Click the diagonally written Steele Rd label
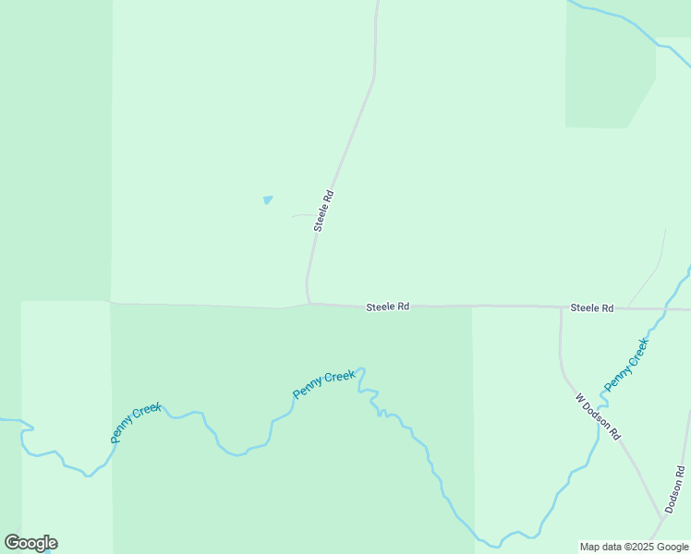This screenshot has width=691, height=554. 322,211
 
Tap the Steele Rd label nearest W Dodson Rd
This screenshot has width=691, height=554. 591,307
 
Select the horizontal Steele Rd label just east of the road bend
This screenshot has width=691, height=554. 387,306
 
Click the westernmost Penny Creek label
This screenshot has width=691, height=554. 136,423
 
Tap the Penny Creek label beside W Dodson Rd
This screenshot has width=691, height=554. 626,364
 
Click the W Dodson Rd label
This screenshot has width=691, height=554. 598,416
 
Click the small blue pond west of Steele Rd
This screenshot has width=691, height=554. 268,199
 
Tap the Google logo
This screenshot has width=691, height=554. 30,543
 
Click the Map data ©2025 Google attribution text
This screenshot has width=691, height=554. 635,547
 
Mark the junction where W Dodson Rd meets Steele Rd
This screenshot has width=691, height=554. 561,307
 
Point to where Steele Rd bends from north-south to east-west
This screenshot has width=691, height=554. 309,301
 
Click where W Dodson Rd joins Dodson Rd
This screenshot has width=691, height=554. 661,515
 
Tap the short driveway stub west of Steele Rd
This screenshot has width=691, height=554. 302,216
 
